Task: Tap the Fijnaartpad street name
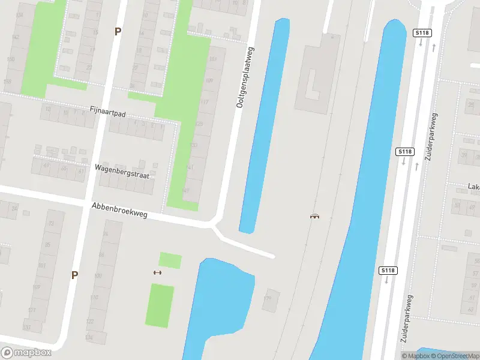(107, 111)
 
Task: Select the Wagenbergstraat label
(121, 170)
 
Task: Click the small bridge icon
(314, 216)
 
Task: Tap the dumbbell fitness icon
(157, 273)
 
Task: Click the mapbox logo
(25, 353)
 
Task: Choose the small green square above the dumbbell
(170, 260)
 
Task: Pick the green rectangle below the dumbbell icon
(160, 305)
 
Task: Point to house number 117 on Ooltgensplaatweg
(205, 102)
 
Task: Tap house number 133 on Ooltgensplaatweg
(194, 146)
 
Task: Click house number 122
(91, 321)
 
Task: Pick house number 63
(470, 308)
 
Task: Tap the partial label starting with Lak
(473, 187)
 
